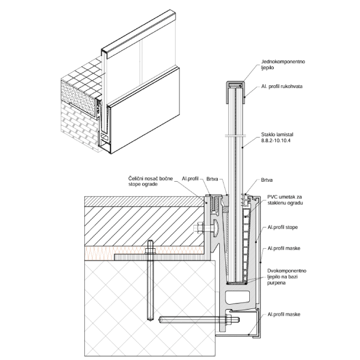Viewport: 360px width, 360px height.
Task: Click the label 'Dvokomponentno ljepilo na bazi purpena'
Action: pyautogui.click(x=285, y=276)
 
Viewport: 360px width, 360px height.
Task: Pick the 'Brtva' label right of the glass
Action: pyautogui.click(x=266, y=181)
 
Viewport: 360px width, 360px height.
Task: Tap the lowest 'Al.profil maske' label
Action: pyautogui.click(x=284, y=314)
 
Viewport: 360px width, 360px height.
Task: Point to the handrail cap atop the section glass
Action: pyautogui.click(x=235, y=86)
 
